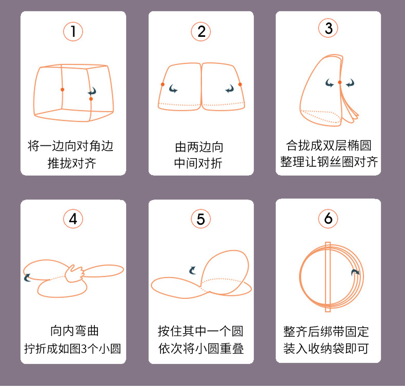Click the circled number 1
[73, 31]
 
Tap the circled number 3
[329, 29]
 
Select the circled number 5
[200, 219]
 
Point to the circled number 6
[329, 219]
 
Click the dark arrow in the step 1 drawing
[92, 92]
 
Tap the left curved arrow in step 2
[173, 89]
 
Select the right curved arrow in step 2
[230, 89]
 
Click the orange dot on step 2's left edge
[163, 84]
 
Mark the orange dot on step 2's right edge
[240, 84]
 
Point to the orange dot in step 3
[339, 82]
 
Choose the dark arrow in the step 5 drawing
[193, 270]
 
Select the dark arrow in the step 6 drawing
[355, 273]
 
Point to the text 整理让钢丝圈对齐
[329, 162]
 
